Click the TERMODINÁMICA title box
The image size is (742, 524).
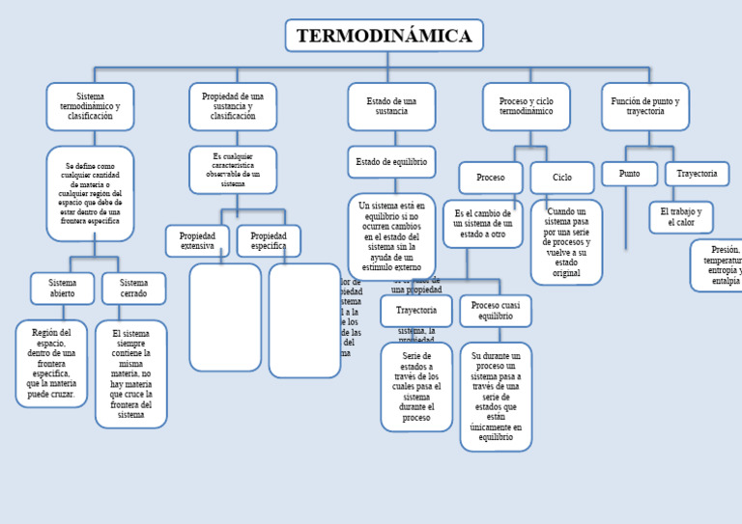click(384, 36)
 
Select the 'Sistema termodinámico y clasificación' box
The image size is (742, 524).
click(90, 106)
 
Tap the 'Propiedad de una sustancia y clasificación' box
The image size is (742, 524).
click(233, 106)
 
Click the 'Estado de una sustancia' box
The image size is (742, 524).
click(391, 106)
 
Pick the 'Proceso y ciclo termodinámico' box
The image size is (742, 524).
click(527, 106)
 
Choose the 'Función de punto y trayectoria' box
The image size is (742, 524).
click(645, 106)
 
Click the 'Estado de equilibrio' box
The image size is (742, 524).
click(391, 162)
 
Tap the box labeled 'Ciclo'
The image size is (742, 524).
click(562, 178)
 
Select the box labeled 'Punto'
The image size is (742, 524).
click(629, 174)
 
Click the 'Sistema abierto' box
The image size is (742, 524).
click(62, 288)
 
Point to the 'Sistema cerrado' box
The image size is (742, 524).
click(133, 288)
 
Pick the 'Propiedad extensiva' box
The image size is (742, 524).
click(197, 241)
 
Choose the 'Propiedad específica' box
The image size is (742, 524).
click(269, 241)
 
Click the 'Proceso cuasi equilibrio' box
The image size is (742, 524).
click(496, 311)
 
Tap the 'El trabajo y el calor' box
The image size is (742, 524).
click(681, 217)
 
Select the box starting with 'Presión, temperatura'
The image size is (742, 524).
click(719, 265)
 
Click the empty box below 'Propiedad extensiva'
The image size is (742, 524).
click(225, 317)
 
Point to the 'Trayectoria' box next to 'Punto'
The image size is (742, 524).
click(697, 174)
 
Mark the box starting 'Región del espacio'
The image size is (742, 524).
click(51, 363)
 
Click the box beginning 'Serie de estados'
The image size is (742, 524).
click(416, 386)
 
